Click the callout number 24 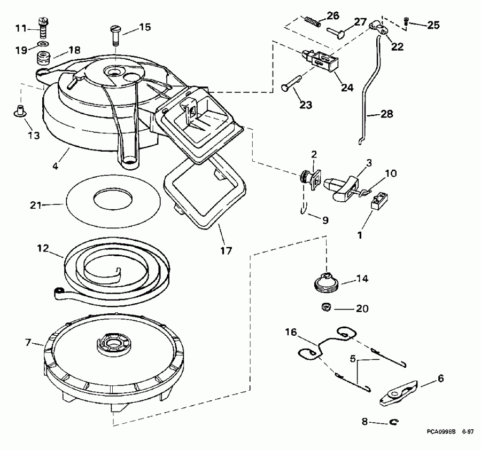click(348, 88)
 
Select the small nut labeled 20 click(325, 306)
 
